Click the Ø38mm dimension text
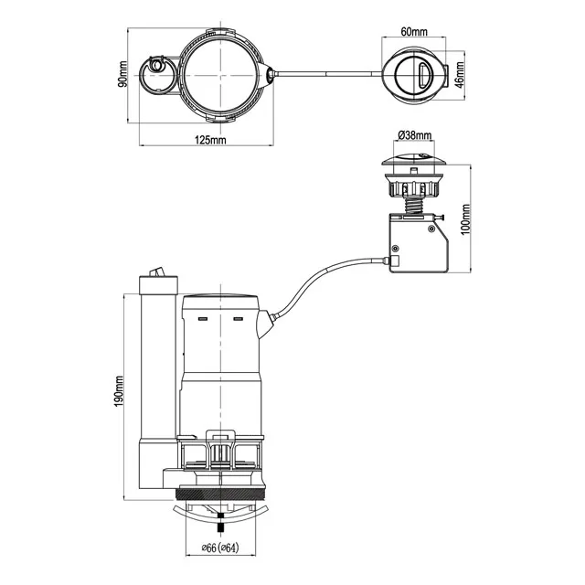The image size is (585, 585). [x=413, y=135]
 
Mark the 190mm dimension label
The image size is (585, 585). [x=120, y=394]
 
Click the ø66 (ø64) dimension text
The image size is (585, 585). [x=219, y=548]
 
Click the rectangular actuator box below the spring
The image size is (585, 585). [x=418, y=244]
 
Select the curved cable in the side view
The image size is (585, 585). [x=320, y=278]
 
